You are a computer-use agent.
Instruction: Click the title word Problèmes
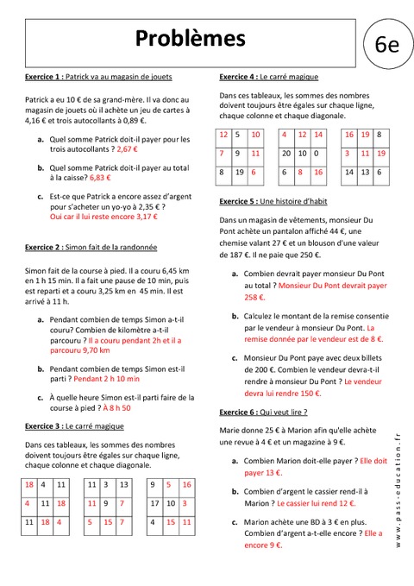point(190,38)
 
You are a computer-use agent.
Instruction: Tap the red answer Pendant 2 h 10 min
point(107,378)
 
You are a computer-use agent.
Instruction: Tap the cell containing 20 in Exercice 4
point(286,153)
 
